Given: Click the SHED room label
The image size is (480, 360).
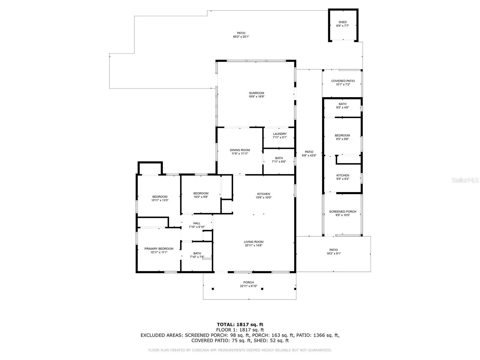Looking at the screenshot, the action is pyautogui.click(x=343, y=22).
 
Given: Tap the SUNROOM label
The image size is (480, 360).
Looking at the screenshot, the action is pyautogui.click(x=256, y=93).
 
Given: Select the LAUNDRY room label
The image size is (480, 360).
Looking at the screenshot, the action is pyautogui.click(x=280, y=134).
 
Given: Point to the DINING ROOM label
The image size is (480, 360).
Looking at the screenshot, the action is pyautogui.click(x=240, y=150).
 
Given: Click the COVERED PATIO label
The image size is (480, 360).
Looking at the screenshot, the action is pyautogui.click(x=343, y=81).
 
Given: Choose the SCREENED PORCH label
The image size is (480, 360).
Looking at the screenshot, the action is pyautogui.click(x=343, y=211).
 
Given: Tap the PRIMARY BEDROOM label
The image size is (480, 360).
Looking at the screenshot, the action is pyautogui.click(x=159, y=248).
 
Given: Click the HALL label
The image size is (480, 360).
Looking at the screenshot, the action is pyautogui.click(x=196, y=223).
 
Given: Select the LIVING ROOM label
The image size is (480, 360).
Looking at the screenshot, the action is pyautogui.click(x=254, y=242).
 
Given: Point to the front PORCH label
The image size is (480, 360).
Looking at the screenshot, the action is pyautogui.click(x=249, y=282).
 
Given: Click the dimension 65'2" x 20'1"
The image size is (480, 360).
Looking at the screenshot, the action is pyautogui.click(x=241, y=37).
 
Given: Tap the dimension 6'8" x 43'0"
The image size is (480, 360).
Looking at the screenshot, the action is pyautogui.click(x=309, y=156).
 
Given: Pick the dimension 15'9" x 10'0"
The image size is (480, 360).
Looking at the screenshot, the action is pyautogui.click(x=263, y=197).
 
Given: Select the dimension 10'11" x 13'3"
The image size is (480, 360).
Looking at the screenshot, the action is pyautogui.click(x=160, y=200).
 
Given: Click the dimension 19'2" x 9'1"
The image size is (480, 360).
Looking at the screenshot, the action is pyautogui.click(x=334, y=253).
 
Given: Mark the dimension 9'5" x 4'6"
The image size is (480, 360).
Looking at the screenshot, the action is pyautogui.click(x=343, y=107).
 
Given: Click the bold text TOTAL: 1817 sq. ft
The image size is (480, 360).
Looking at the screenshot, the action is pyautogui.click(x=240, y=325).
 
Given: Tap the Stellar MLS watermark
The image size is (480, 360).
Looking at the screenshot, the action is pyautogui.click(x=465, y=180).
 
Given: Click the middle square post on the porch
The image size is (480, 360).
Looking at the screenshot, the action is pyautogui.click(x=262, y=289).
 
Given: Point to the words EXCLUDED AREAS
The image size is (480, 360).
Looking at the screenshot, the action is pyautogui.click(x=162, y=335).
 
